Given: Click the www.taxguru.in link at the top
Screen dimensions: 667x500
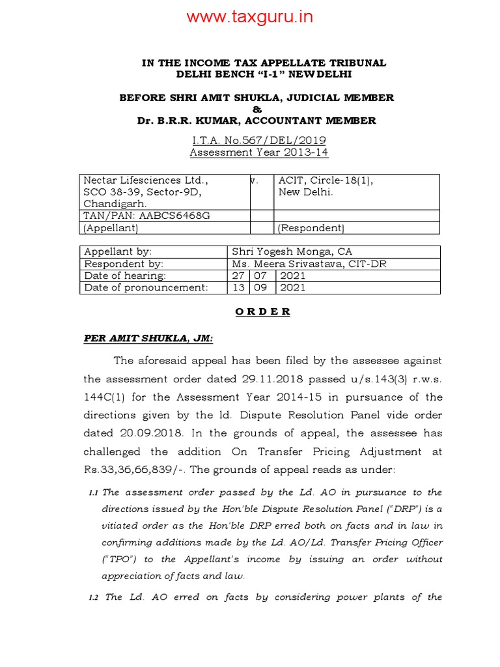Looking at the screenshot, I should (x=250, y=17).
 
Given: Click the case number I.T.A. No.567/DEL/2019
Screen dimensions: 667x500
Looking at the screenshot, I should (x=258, y=140).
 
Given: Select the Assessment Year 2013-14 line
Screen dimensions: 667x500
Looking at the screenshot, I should (x=258, y=152).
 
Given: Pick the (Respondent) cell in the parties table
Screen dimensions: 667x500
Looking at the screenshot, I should (x=311, y=228).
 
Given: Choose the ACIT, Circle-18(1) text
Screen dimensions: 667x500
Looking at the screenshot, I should (x=326, y=180).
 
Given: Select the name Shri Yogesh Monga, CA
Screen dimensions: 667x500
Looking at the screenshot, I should (x=293, y=252).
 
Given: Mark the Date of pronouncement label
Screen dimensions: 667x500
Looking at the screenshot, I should (x=146, y=287).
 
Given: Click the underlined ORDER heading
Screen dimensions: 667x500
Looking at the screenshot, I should (x=262, y=311).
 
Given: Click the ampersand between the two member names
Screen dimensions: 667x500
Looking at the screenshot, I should (x=256, y=109).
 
